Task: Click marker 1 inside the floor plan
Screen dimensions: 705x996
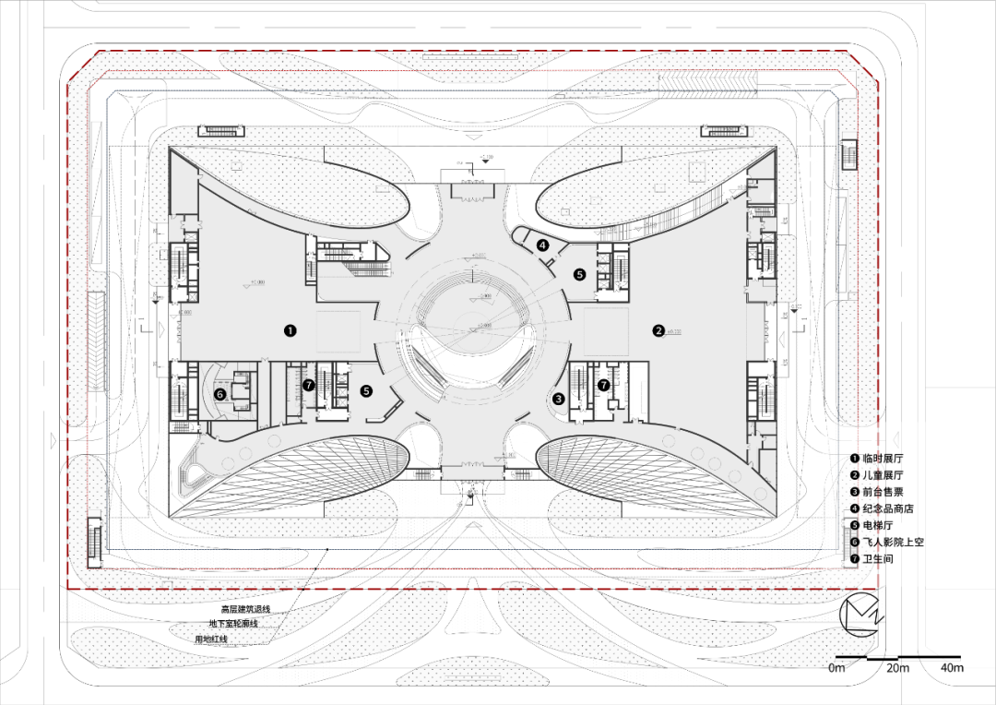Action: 290,329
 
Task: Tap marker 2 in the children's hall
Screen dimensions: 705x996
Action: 658,330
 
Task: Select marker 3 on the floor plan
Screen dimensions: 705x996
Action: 558,400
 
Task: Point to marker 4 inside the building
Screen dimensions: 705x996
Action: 543,245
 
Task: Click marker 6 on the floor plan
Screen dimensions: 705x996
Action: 219,394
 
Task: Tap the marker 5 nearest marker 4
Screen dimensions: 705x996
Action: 579,274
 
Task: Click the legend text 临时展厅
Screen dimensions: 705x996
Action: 883,459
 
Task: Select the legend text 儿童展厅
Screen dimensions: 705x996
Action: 883,475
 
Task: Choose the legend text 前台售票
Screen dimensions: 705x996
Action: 883,492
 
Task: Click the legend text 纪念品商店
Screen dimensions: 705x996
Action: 888,508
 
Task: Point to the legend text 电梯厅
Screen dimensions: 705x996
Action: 879,526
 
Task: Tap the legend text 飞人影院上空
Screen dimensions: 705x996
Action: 893,543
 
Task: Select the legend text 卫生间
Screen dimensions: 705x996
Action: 879,559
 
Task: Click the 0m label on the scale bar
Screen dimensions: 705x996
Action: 836,667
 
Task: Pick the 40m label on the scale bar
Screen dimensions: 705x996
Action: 951,667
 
